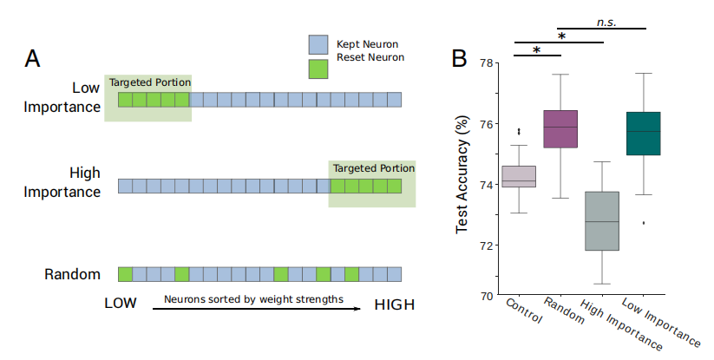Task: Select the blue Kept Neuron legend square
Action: (318, 44)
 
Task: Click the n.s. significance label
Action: (606, 21)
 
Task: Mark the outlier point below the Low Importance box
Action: (644, 223)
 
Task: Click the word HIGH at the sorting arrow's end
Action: (394, 305)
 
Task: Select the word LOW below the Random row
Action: (121, 305)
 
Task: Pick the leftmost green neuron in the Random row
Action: (125, 274)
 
